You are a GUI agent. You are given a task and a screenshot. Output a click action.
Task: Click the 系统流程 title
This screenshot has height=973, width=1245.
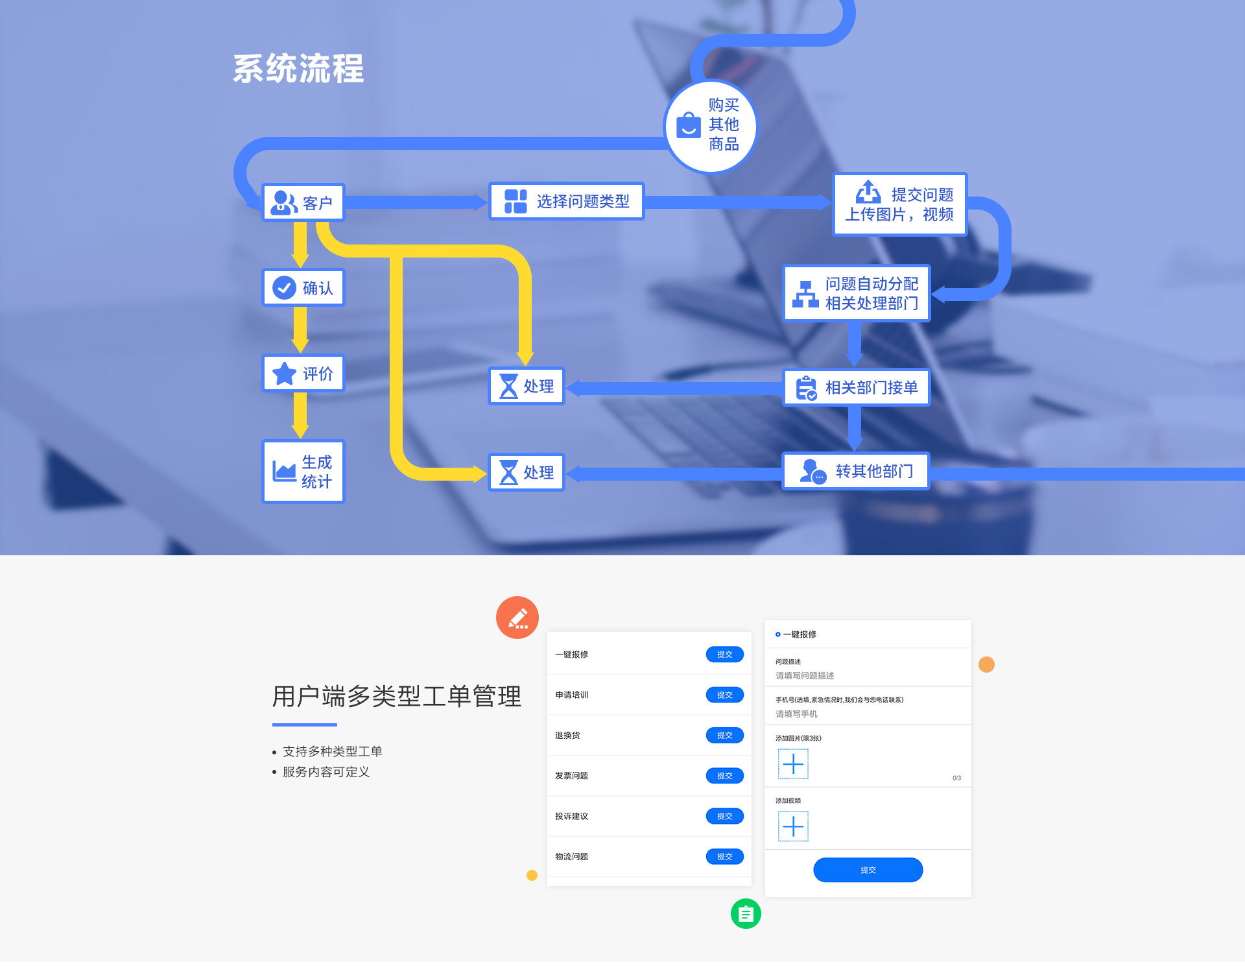point(298,69)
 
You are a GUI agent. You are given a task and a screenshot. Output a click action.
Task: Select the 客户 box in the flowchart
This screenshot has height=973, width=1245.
point(303,202)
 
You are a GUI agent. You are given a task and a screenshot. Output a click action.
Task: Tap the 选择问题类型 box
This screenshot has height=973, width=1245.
point(566,201)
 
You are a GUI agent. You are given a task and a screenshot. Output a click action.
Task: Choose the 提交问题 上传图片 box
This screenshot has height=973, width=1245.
point(899,204)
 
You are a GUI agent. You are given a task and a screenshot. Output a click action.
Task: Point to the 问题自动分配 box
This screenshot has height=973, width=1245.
point(857,293)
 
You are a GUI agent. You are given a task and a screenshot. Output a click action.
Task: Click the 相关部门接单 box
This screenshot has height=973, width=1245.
point(857,387)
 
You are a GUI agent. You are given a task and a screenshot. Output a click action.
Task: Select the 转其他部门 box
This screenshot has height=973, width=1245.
point(856,471)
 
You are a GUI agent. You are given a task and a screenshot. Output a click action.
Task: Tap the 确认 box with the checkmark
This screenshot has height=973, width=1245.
point(303,287)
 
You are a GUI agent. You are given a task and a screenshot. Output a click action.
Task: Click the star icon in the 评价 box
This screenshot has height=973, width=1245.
point(284,374)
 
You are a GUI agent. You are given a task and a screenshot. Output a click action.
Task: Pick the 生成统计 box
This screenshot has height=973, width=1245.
point(303,472)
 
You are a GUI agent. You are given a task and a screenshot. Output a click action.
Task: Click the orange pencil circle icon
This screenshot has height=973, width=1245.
point(517,618)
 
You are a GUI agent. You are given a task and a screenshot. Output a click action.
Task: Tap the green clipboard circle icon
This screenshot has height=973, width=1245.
point(746,913)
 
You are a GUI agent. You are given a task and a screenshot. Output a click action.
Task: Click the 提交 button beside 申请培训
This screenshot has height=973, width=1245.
point(724,695)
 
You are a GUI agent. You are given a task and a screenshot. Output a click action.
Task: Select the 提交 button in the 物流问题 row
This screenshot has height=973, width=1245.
point(724,856)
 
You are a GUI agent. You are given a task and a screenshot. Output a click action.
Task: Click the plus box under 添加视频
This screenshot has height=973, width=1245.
point(793,826)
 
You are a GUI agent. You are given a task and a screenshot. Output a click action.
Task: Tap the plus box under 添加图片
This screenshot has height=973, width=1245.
point(793,764)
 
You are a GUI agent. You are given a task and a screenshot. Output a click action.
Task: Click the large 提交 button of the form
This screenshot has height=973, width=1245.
point(868,870)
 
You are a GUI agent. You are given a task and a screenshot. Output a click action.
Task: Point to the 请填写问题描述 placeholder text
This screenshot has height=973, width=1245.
point(805,675)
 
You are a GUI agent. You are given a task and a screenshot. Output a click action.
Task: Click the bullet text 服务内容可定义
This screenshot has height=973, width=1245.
point(326,772)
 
